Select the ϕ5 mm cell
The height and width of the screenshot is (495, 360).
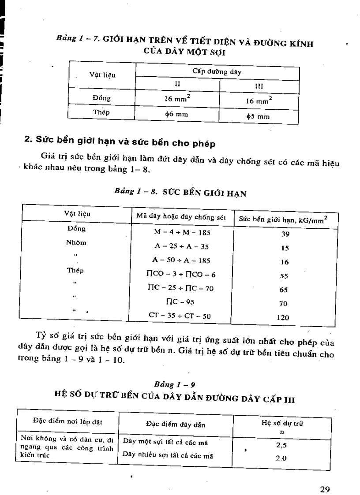click(x=258, y=117)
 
